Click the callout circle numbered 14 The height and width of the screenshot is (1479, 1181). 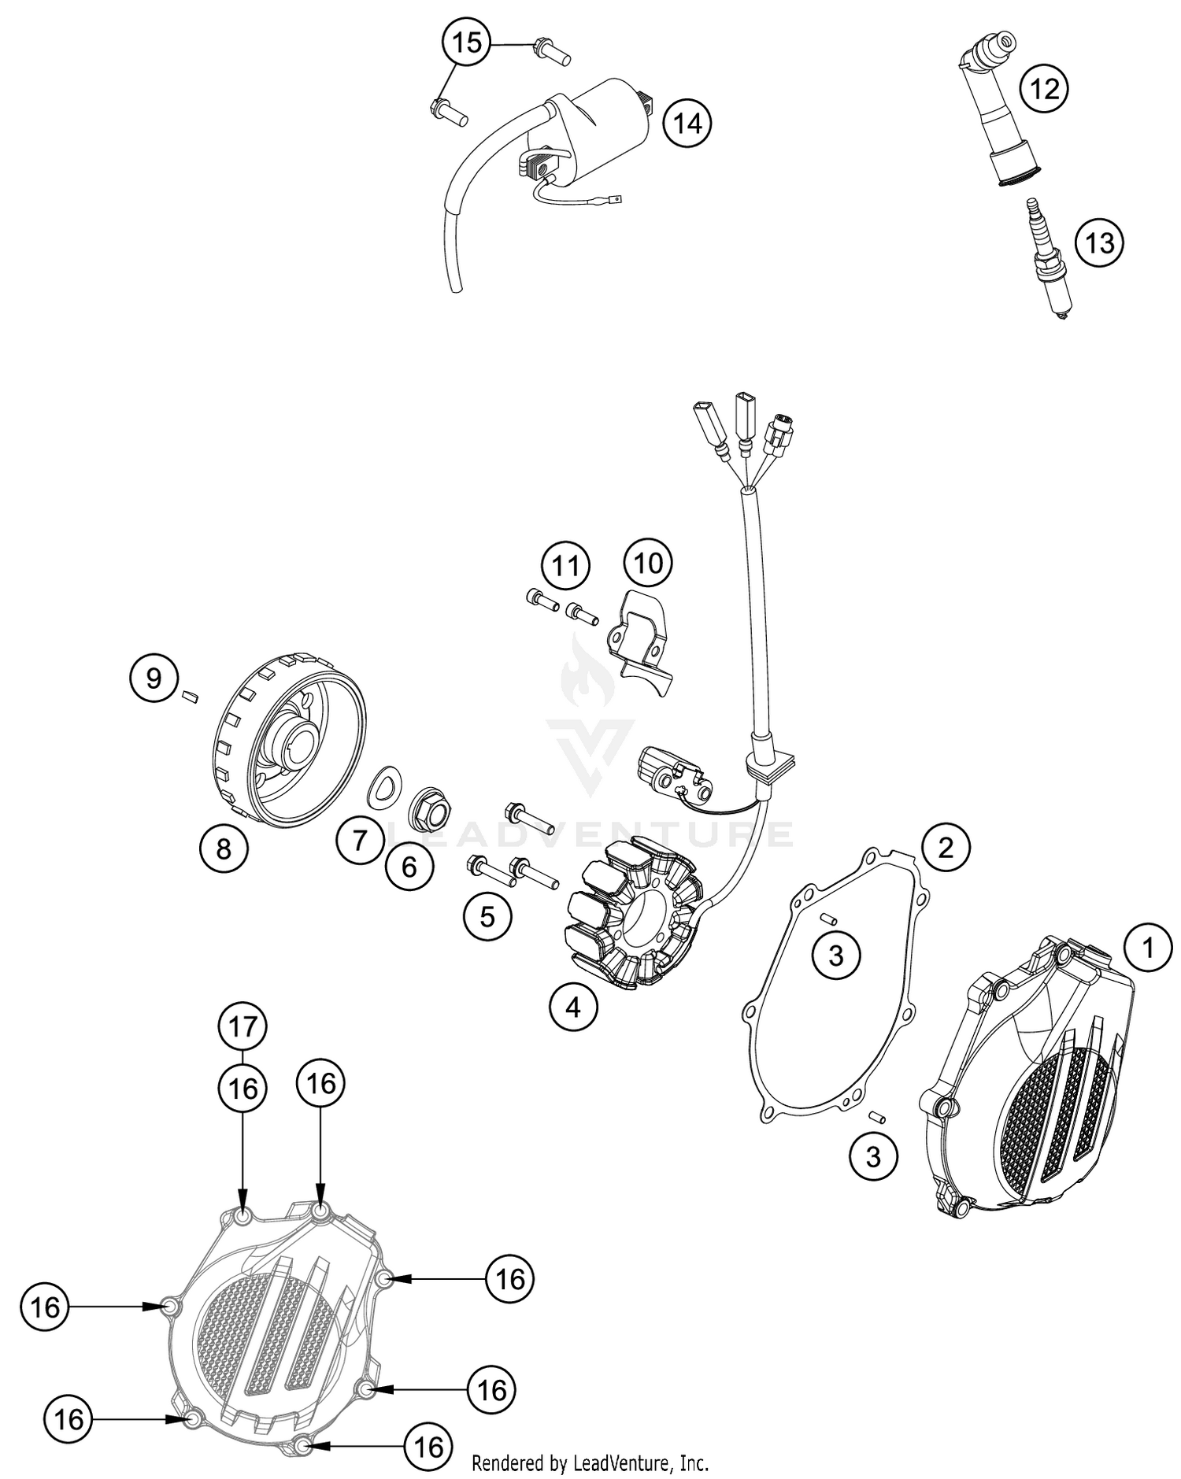tap(687, 124)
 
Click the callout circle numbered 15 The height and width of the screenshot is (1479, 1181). tap(467, 42)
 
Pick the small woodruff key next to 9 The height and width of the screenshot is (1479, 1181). tap(189, 695)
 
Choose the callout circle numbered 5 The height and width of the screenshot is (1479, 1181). tap(487, 916)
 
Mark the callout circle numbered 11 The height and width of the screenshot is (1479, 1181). tap(565, 565)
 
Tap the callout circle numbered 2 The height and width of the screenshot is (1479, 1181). tap(946, 847)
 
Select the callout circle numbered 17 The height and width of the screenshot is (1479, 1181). tap(243, 1026)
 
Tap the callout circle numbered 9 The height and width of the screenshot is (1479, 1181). tap(154, 677)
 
